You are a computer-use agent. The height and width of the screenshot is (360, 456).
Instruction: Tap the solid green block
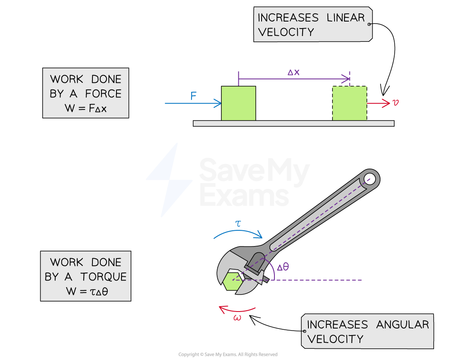[x=238, y=103]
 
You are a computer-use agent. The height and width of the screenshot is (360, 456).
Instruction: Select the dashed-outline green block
[x=349, y=104]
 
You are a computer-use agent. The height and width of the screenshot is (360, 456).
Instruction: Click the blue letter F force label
[x=194, y=96]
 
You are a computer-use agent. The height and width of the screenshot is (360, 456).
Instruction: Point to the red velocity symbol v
[x=395, y=102]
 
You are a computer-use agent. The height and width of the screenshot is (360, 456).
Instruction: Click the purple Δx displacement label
[x=293, y=72]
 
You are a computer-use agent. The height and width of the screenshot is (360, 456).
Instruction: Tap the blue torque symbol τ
[x=238, y=224]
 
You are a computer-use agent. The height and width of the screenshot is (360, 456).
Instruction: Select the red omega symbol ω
[x=237, y=318]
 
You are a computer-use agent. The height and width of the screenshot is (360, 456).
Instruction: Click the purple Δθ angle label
[x=283, y=267]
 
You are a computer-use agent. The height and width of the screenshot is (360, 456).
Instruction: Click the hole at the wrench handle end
[x=370, y=179]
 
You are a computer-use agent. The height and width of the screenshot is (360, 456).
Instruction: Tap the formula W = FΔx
[x=85, y=109]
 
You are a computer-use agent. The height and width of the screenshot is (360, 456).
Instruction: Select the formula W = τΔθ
[x=86, y=291]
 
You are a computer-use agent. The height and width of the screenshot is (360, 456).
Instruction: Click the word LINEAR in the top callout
[x=344, y=18]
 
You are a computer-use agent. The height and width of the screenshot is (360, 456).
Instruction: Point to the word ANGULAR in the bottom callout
[x=403, y=324]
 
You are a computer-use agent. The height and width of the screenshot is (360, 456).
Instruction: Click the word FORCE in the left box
[x=103, y=94]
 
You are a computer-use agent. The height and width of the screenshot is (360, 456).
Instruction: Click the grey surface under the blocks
[x=293, y=123]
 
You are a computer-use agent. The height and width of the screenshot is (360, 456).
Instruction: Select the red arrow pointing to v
[x=378, y=103]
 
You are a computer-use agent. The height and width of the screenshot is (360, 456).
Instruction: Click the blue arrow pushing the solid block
[x=193, y=103]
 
